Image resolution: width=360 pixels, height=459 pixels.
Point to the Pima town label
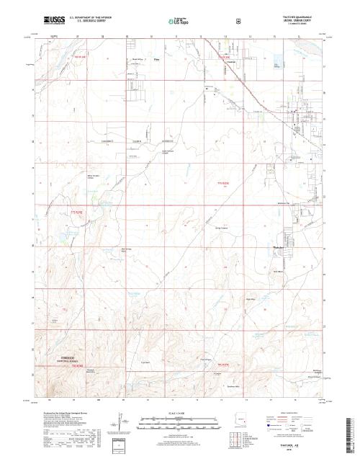pos(156,60)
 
